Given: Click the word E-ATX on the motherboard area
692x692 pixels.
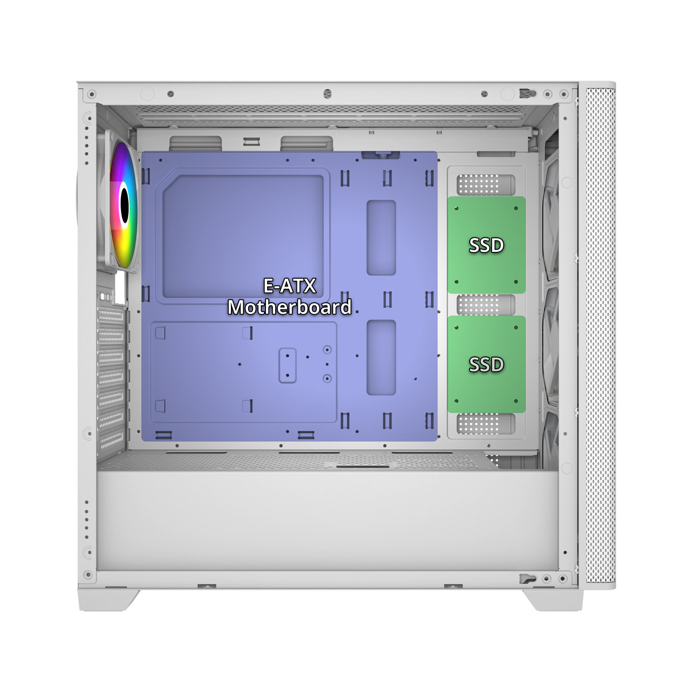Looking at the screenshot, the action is click(289, 286).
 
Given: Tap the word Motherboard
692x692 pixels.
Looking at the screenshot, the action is click(289, 308).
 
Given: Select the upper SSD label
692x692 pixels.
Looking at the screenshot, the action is click(486, 245).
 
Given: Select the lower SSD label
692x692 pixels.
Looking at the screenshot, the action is click(486, 364).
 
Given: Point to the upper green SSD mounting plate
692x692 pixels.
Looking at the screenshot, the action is click(486, 245).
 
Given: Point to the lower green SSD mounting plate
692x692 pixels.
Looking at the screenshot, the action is click(486, 364).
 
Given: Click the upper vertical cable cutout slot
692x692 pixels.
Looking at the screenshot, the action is click(381, 238).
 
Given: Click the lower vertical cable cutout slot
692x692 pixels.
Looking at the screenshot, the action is click(381, 358).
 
